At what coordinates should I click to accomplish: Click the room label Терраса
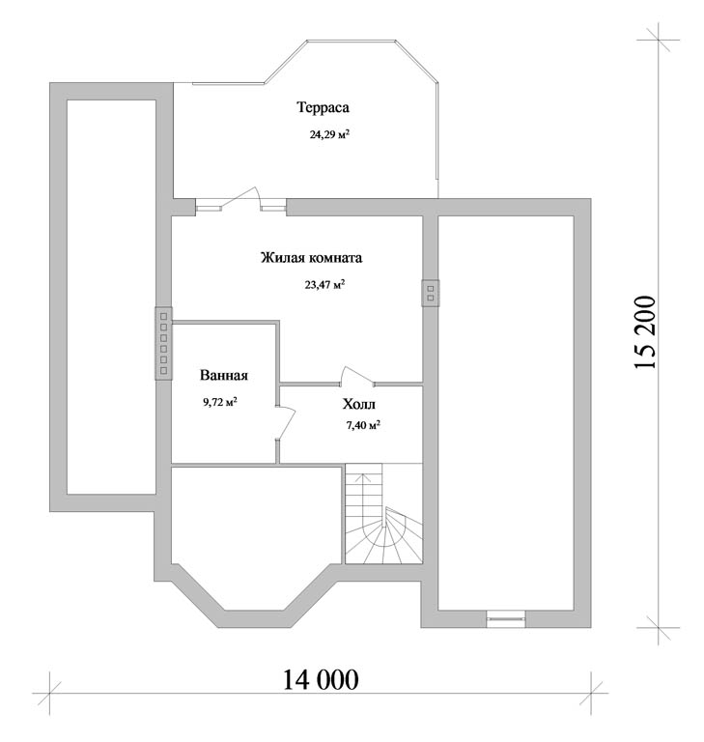tap(324, 107)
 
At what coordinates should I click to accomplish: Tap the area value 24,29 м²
tap(329, 134)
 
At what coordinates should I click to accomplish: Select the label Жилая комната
tap(311, 258)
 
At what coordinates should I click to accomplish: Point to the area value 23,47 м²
tap(324, 285)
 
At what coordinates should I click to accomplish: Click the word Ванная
tap(224, 375)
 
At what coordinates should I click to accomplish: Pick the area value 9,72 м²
tap(220, 402)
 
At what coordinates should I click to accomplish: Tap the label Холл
tap(359, 404)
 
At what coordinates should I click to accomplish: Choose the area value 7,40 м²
tap(363, 425)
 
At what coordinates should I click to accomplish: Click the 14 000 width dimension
tap(321, 680)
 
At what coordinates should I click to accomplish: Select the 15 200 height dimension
tap(644, 332)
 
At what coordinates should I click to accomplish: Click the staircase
tap(383, 514)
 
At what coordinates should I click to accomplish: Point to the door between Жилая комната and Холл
tap(357, 374)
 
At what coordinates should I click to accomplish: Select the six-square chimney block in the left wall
tap(164, 343)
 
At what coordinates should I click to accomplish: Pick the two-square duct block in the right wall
tap(431, 293)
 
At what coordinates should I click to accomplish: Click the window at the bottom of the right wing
tap(506, 619)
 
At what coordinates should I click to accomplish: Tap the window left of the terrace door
tap(209, 207)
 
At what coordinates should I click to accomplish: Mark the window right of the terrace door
tap(273, 207)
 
